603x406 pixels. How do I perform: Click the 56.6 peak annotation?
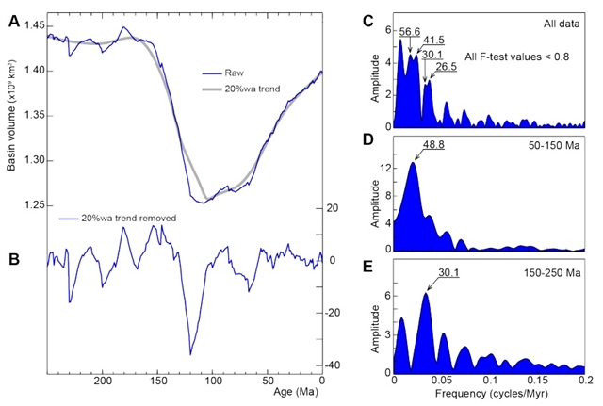410,31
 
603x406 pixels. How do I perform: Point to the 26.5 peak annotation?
446,68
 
